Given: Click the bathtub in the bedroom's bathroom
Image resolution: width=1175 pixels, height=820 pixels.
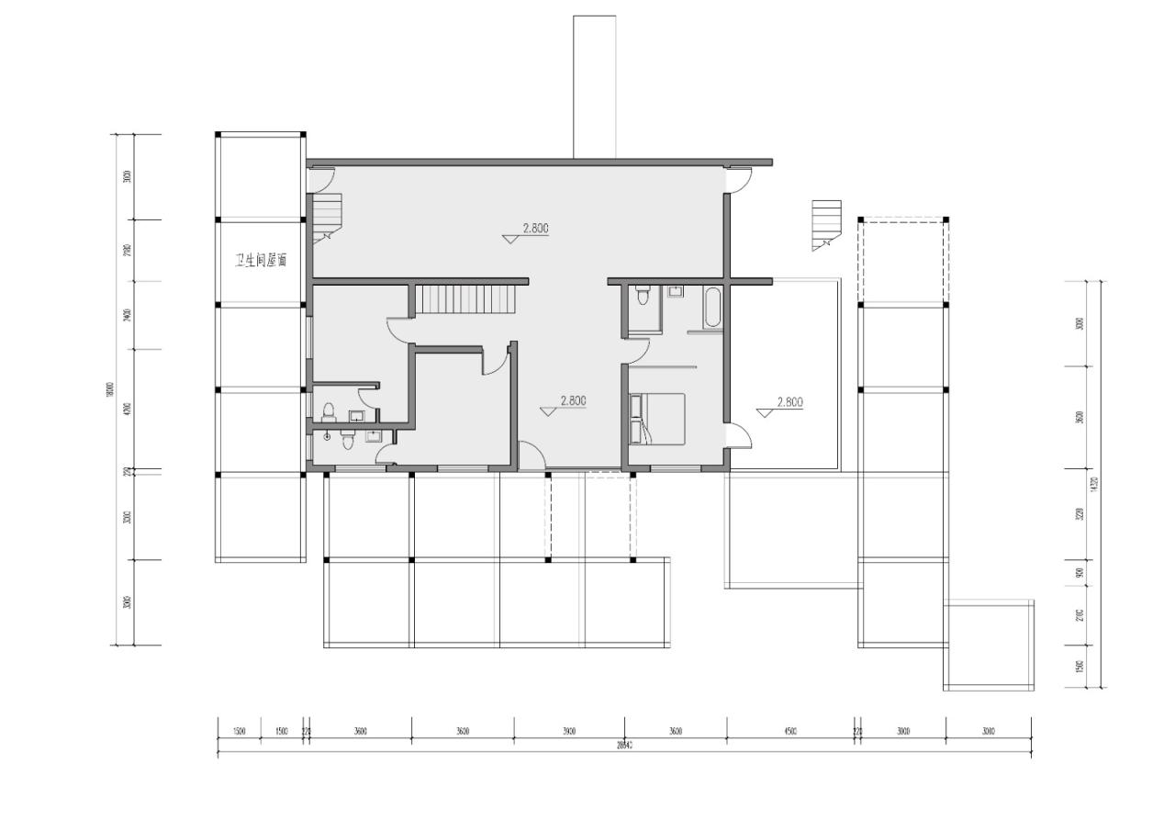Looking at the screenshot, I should tap(712, 308).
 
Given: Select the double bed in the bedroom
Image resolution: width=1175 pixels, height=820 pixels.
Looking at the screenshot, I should tap(657, 419).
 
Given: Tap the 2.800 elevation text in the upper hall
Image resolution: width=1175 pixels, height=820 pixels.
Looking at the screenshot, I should tap(536, 228).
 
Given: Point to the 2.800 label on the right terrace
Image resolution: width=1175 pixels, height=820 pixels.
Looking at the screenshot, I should tap(789, 401).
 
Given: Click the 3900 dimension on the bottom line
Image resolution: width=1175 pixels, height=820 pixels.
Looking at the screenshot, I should tap(569, 732).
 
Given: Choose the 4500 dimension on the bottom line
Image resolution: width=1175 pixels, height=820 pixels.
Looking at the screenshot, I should tap(790, 732).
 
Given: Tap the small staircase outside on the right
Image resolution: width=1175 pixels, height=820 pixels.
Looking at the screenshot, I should tap(826, 224).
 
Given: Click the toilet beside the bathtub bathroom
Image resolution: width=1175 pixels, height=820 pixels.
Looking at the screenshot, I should tap(643, 296).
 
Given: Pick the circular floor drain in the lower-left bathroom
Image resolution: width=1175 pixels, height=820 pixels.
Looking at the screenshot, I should tap(327, 436).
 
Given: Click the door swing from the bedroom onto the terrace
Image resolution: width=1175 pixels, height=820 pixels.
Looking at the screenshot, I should tap(741, 435).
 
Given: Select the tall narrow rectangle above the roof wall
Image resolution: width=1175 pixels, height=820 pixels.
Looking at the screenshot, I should tap(595, 86).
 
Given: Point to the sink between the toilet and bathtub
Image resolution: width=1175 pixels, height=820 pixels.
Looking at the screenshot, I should tap(677, 293).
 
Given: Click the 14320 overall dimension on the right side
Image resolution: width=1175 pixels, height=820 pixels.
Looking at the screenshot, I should tap(1095, 484).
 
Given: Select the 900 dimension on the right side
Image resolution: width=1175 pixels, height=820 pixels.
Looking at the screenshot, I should tap(1080, 572).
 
